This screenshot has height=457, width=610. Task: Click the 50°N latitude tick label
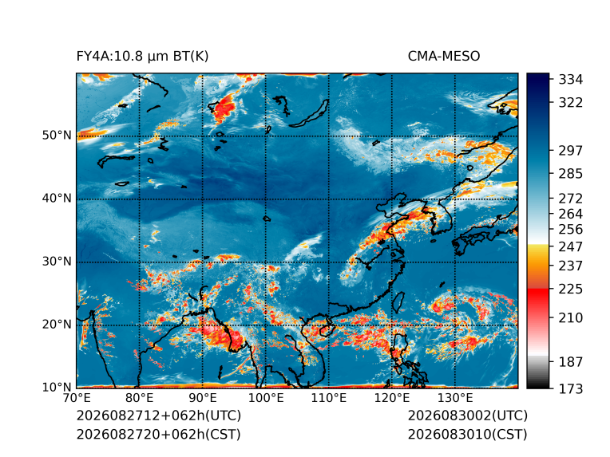pos(57,136)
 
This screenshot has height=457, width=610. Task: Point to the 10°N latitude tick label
pos(57,388)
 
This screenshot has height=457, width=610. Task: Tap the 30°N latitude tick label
pos(57,262)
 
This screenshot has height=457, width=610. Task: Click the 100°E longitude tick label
pos(266,398)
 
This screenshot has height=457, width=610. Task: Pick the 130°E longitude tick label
pos(455,398)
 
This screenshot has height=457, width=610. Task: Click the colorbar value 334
pos(571,80)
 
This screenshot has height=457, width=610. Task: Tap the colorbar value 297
pos(571,151)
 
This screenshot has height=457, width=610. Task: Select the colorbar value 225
pos(571,290)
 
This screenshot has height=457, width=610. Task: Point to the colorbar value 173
pos(571,388)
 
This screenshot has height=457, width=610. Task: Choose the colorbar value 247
pos(571,246)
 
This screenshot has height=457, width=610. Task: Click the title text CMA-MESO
pos(444,57)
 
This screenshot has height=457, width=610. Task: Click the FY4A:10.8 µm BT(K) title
pos(142,57)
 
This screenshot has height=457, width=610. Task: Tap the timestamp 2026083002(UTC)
pos(468,416)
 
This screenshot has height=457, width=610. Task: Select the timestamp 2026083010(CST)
pos(468,435)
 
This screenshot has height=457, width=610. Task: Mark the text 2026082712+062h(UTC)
pos(159,416)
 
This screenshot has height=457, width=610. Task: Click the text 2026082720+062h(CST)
pos(159,435)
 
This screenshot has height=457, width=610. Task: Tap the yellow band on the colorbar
pos(537,253)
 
